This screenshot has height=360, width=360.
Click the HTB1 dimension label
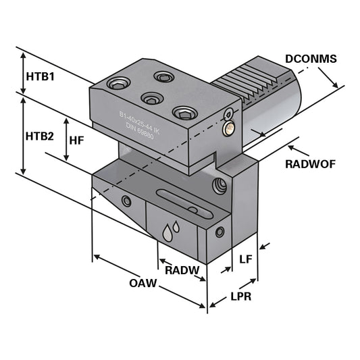(39, 76)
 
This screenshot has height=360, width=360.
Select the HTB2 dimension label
(39, 136)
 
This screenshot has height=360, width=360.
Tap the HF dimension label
(77, 139)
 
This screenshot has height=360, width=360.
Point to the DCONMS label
(311, 59)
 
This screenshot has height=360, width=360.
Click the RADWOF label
(310, 163)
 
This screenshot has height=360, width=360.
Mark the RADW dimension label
(182, 270)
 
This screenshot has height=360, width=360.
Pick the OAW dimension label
(143, 283)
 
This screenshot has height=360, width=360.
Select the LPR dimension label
(240, 296)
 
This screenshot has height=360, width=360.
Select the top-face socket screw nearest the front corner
(182, 111)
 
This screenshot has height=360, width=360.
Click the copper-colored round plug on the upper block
(229, 126)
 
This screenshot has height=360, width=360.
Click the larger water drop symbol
(168, 234)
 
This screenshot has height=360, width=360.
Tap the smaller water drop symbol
(177, 227)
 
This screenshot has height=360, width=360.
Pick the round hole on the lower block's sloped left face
(126, 201)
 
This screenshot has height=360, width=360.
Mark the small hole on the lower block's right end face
(220, 232)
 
